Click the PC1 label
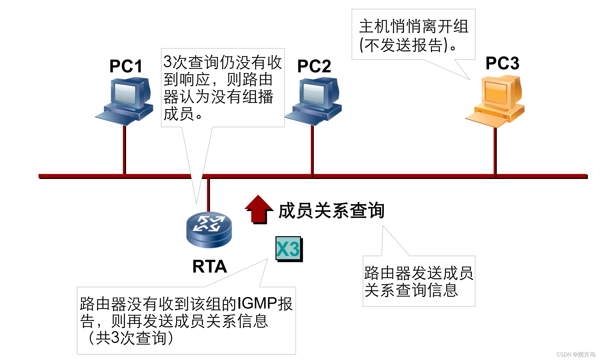[x=126, y=66]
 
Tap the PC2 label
[x=314, y=66]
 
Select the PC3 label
[x=502, y=63]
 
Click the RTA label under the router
[x=210, y=266]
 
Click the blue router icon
[x=209, y=229]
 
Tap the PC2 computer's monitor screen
[x=314, y=93]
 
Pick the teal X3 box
[x=288, y=249]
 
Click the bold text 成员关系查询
[x=332, y=211]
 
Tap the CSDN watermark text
[x=576, y=354]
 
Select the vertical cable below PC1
[x=124, y=150]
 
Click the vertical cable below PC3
[x=495, y=151]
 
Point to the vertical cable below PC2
[x=312, y=150]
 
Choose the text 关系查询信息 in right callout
[x=411, y=290]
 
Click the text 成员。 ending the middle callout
[x=183, y=114]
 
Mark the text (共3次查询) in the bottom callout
[x=131, y=338]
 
